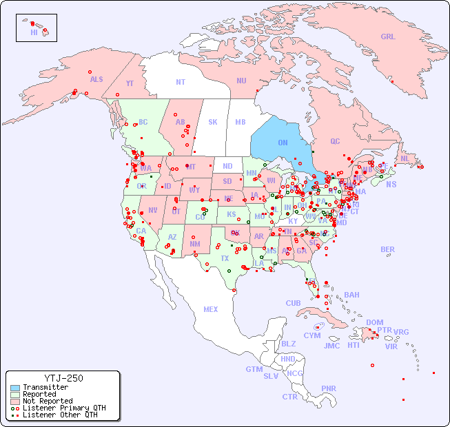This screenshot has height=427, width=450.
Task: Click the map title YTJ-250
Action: tap(63, 378)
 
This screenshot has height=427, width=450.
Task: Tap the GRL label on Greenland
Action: tap(388, 37)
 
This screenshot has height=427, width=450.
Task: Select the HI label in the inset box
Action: tap(34, 32)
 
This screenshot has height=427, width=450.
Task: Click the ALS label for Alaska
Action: tap(96, 79)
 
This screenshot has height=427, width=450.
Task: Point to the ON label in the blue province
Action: tap(283, 143)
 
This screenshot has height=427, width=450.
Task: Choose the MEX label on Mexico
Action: tap(211, 309)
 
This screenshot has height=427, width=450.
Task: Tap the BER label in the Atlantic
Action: tap(388, 249)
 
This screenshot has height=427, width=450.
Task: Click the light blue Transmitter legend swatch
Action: tap(14, 388)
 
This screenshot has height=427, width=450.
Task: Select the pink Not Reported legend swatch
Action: tap(14, 401)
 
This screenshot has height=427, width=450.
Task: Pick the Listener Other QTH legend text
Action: tap(60, 415)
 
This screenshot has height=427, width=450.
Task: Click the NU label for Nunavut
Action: tap(241, 81)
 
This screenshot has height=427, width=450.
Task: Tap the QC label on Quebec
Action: tap(335, 141)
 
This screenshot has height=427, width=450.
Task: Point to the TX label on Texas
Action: tap(225, 258)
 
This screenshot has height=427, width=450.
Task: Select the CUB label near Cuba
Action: tap(293, 303)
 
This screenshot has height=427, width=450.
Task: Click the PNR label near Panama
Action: tap(329, 388)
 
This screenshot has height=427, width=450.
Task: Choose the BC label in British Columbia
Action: tap(143, 122)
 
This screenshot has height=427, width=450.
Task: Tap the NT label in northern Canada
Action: tap(181, 81)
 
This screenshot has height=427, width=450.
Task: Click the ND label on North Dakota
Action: tap(227, 166)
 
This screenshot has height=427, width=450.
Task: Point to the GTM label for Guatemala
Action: tap(254, 369)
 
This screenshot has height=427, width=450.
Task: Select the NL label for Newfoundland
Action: tap(405, 158)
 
